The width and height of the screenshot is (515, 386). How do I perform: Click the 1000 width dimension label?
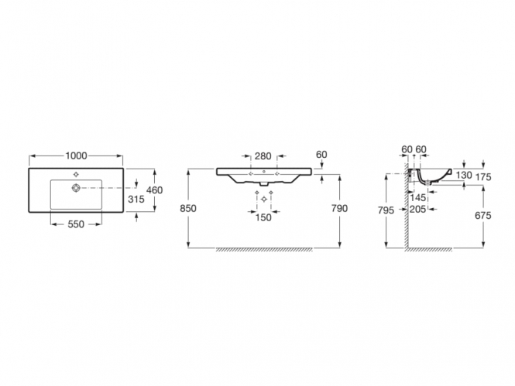click(x=76, y=155)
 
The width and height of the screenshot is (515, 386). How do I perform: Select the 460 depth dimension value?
click(x=154, y=190)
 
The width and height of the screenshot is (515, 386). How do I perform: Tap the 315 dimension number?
click(x=136, y=199)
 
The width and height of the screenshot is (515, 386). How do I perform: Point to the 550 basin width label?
click(x=76, y=224)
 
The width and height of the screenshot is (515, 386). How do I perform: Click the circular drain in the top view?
click(x=76, y=188)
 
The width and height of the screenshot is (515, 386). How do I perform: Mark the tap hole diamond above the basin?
click(x=76, y=175)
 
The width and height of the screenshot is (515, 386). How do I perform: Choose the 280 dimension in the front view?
click(x=263, y=156)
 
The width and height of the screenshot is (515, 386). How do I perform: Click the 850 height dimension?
click(x=188, y=209)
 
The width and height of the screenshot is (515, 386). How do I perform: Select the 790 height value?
click(x=339, y=209)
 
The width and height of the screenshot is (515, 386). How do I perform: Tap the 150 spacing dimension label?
click(x=263, y=217)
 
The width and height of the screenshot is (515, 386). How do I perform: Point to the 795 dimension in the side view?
click(x=386, y=210)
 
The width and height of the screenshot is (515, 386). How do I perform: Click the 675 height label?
click(x=483, y=216)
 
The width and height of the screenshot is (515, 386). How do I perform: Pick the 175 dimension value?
click(x=483, y=177)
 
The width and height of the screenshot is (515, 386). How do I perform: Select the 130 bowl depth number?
click(x=464, y=175)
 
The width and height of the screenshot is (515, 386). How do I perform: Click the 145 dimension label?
click(x=417, y=198)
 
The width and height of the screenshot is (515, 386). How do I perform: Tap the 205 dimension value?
click(x=417, y=209)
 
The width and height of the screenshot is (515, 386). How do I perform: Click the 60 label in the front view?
click(x=321, y=155)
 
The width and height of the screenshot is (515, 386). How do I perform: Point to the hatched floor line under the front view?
click(x=264, y=250)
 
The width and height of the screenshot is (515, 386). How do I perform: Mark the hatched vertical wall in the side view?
click(x=407, y=205)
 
